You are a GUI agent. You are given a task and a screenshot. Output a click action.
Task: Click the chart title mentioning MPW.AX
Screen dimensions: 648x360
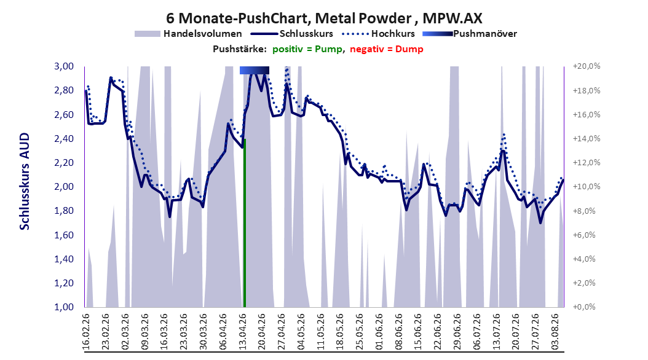click(x=324, y=18)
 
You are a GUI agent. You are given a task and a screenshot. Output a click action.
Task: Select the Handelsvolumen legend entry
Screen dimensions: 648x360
click(x=188, y=34)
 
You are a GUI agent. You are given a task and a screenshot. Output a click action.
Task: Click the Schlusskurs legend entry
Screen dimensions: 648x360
click(x=292, y=34)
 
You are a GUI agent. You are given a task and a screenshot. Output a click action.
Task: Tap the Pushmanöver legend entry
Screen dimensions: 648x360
click(x=470, y=34)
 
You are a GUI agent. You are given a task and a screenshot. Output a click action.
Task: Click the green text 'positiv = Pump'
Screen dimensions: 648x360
click(x=307, y=49)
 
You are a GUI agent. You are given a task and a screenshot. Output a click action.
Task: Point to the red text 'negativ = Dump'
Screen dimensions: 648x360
click(x=387, y=49)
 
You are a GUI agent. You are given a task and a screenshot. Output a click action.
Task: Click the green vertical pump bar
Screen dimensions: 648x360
click(x=245, y=223)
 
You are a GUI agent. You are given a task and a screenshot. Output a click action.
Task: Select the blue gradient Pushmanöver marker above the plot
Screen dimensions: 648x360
click(x=254, y=70)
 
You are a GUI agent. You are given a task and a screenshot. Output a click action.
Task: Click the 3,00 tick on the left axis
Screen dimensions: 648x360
click(x=64, y=66)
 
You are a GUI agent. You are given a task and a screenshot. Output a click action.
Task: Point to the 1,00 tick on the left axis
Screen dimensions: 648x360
click(x=64, y=307)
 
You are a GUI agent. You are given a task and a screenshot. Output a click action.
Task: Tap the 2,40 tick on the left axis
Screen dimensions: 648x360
click(x=64, y=139)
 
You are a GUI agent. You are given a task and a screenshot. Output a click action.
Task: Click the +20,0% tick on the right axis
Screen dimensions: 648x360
click(x=587, y=66)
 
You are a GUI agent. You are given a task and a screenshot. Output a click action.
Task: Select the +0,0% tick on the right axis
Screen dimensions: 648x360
click(x=584, y=307)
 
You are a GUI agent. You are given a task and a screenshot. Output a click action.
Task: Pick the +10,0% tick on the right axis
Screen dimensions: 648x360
click(x=587, y=187)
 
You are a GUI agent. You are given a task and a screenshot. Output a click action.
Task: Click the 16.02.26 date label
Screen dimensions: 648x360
click(x=86, y=332)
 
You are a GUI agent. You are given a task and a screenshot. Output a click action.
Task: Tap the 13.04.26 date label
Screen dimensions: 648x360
click(x=242, y=332)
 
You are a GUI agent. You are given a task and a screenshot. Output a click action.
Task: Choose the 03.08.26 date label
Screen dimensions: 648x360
click(x=555, y=332)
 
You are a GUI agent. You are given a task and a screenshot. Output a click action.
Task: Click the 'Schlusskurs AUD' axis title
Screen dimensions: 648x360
click(x=25, y=181)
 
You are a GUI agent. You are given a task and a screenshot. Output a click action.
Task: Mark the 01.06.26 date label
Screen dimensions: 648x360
click(x=379, y=332)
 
